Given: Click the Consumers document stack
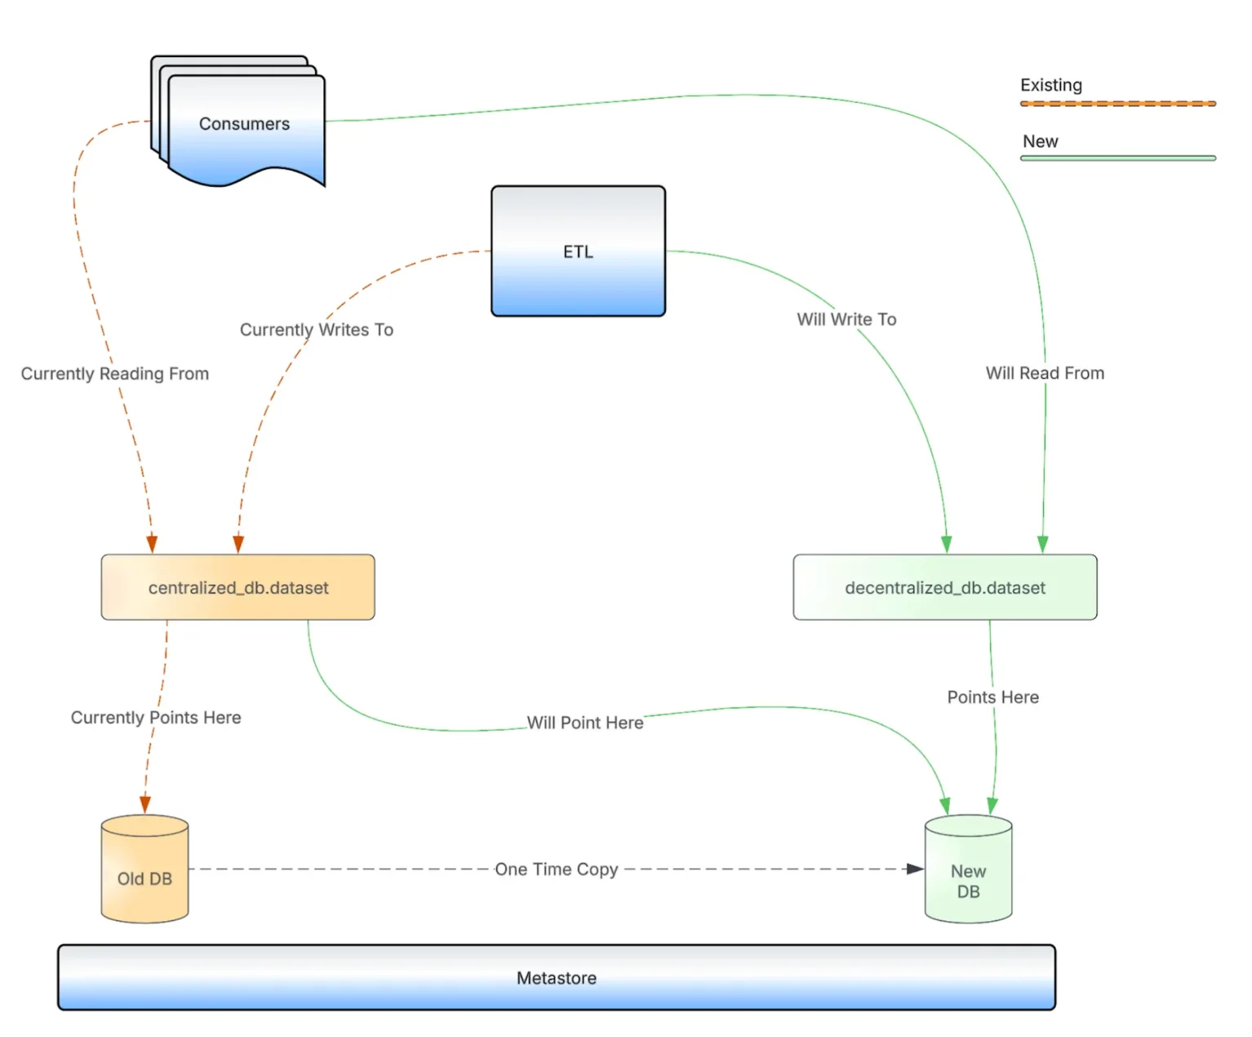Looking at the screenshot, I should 244,124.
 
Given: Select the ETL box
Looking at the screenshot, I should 578,251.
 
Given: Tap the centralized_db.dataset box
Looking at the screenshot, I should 238,587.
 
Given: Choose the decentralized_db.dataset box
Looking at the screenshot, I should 944,587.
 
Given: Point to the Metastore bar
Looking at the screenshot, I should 556,977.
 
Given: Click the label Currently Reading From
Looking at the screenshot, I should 115,373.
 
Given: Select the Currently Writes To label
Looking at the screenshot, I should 317,329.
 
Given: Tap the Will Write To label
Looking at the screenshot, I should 846,319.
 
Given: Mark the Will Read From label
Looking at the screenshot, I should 1045,373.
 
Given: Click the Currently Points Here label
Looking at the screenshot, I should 156,717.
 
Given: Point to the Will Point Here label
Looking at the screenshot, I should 585,723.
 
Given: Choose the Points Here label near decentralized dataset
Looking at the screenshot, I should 992,697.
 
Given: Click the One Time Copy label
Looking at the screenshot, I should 557,870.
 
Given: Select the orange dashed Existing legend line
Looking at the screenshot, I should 1117,104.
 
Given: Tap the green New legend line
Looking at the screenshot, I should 1117,158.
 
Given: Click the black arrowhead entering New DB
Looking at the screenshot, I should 916,869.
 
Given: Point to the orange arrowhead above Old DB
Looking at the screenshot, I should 145,804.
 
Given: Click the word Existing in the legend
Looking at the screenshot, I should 1050,85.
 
